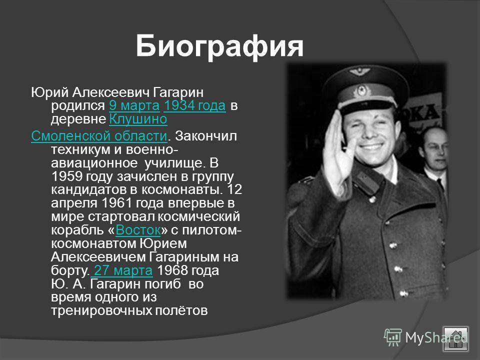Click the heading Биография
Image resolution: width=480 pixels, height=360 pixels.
pos(219,46)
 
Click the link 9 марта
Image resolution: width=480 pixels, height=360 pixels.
pos(134,105)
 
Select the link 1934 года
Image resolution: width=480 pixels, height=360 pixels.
pos(194,105)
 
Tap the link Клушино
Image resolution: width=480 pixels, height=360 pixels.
pos(138,119)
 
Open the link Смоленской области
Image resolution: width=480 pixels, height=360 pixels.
pos(99,136)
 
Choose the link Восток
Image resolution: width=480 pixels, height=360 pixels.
pos(138,230)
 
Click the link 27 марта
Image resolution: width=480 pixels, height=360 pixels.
pos(121,270)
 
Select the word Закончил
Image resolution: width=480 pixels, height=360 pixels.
pos(205,136)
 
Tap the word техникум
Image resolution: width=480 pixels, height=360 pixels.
pos(80,149)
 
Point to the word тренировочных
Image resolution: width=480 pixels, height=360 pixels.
pos(101,310)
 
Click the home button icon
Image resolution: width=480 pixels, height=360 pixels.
pos(456,339)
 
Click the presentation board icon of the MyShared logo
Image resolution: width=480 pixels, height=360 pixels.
pos(393,337)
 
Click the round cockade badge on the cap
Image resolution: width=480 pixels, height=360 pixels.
pos(362,90)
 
